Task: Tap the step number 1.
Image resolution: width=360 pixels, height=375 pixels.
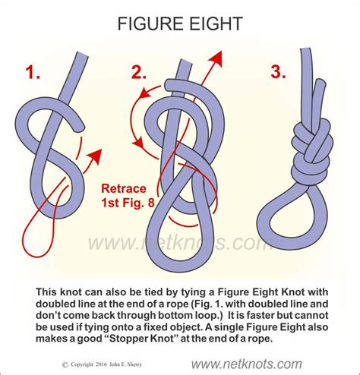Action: [x=32, y=74]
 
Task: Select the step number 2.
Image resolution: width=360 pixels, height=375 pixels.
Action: [x=140, y=74]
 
